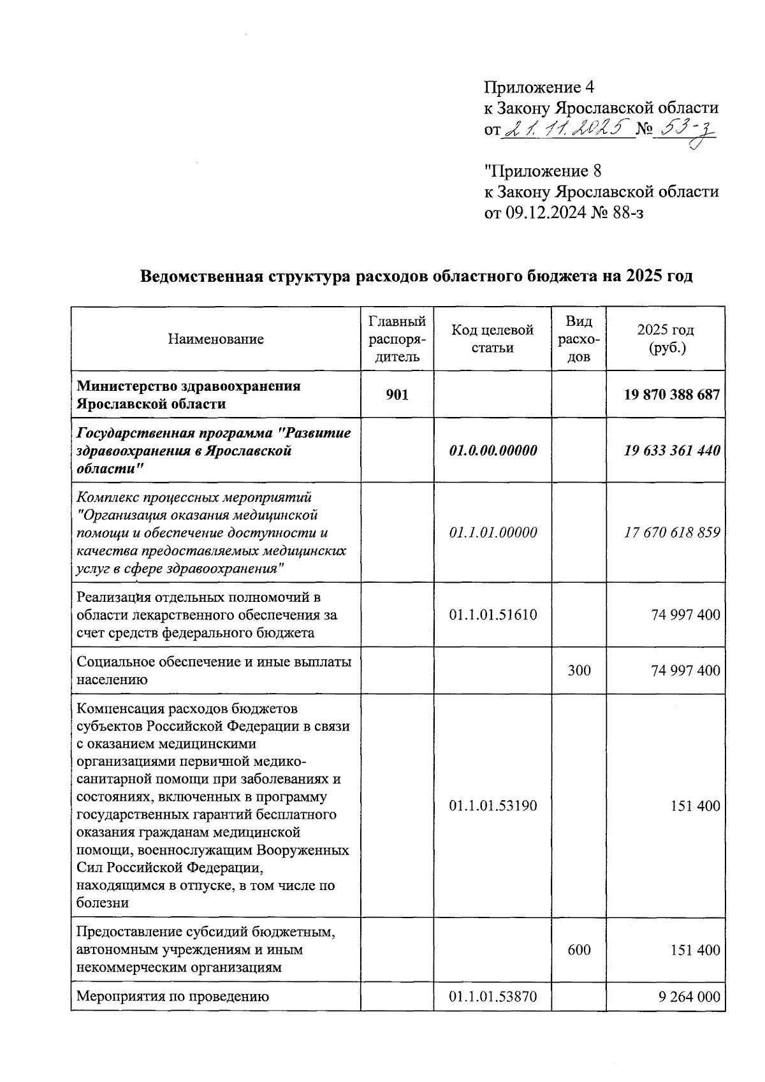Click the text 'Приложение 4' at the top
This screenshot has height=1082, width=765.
click(539, 87)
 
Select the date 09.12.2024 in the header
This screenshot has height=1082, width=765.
click(546, 212)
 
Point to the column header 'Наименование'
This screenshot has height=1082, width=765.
click(215, 339)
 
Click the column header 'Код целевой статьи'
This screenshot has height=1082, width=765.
click(492, 339)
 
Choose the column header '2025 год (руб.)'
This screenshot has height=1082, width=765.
click(665, 339)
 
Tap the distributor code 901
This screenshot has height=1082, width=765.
click(397, 395)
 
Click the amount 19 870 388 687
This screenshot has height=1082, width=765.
click(672, 395)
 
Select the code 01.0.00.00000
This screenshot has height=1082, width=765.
click(493, 451)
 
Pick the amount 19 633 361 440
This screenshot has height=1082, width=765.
click(672, 451)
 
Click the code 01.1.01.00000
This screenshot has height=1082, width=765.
click(493, 532)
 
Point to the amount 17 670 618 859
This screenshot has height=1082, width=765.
click(672, 532)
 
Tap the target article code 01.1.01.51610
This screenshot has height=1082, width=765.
click(493, 615)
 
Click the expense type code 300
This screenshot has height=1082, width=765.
click(579, 671)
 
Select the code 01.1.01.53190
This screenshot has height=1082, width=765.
click(493, 806)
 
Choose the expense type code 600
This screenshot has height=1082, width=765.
click(579, 950)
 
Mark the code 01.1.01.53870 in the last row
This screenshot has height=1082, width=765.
click(493, 997)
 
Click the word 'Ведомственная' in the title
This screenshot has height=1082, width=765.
click(201, 277)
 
